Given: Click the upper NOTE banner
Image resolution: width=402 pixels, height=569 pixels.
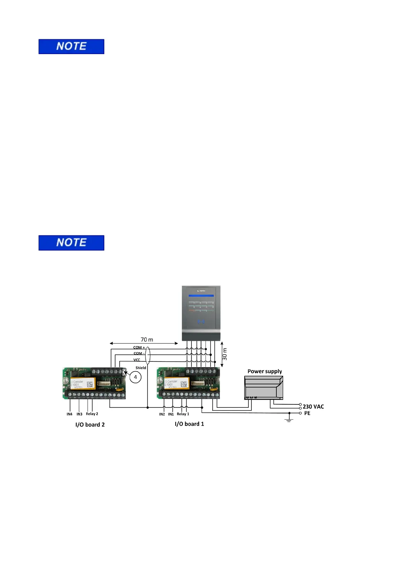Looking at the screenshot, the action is [x=71, y=47].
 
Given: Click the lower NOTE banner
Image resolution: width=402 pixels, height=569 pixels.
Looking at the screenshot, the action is [x=71, y=243].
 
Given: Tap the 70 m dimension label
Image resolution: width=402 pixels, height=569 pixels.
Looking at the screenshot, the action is [x=147, y=339].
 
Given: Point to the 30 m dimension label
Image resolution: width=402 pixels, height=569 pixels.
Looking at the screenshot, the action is [x=225, y=354].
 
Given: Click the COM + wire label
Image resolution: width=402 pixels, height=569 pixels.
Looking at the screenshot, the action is [x=139, y=348].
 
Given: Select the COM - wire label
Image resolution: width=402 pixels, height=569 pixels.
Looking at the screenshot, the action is [x=139, y=353].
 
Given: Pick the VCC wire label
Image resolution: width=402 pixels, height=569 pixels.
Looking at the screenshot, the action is [x=137, y=360].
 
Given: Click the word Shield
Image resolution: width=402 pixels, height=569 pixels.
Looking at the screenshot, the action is [x=141, y=368].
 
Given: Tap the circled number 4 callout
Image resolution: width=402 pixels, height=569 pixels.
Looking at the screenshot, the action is [x=135, y=377].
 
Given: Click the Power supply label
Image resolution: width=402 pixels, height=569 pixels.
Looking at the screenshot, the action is [x=265, y=371].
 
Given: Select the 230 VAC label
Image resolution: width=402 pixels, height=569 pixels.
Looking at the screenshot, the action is [x=313, y=407].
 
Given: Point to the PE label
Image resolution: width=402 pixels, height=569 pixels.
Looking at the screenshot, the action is [x=307, y=413].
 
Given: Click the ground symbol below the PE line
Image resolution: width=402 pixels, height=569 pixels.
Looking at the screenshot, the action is [x=289, y=420].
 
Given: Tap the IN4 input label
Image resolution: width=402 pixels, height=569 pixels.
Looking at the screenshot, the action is [x=70, y=414].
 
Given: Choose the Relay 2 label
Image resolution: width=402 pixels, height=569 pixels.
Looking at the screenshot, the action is [x=92, y=414].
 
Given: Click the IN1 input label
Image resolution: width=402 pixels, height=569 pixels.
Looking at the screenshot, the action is [x=171, y=414].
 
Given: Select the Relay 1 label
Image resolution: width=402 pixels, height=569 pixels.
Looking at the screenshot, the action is [x=183, y=414].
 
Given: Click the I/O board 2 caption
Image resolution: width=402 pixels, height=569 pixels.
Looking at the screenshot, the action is [x=90, y=425].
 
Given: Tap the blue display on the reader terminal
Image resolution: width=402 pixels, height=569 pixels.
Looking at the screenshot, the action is [x=201, y=296].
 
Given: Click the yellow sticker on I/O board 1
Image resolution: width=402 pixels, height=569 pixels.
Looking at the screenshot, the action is [x=176, y=383].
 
